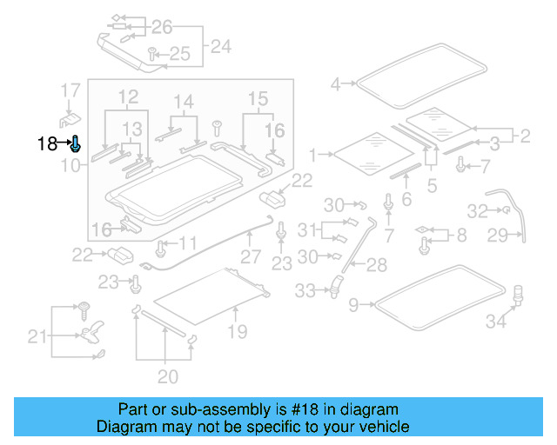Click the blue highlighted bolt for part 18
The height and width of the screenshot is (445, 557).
(76, 144)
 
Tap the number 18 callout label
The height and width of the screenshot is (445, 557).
(47, 144)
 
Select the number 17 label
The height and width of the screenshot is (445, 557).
(70, 90)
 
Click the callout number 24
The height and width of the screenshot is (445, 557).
(220, 46)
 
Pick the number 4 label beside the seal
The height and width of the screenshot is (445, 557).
(336, 84)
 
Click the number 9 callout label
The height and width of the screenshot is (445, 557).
(353, 304)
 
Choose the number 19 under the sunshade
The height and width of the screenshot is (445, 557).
(237, 331)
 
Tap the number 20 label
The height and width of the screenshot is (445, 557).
(167, 376)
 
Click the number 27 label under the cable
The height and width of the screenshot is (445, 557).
(251, 257)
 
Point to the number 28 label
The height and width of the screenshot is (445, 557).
(378, 263)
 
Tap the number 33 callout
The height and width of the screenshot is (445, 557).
(305, 291)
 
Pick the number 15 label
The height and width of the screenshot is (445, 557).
(258, 98)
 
